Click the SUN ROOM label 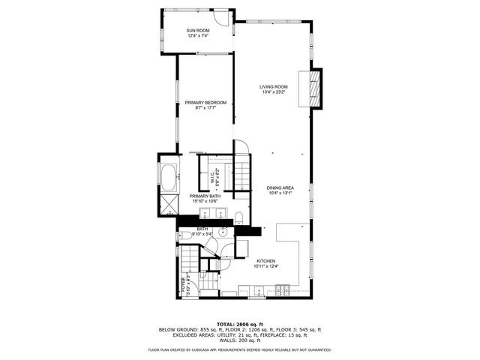coord(197,29)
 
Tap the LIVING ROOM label coord(274,87)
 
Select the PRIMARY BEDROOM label coord(205,103)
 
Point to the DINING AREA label coord(280,187)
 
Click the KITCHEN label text coord(265,261)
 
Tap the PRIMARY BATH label coord(204,196)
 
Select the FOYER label coord(182,284)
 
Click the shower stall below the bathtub coord(167,204)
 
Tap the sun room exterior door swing coord(220,17)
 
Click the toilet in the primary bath coord(238,218)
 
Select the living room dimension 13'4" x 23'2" coord(274,93)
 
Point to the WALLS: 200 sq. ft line coord(239,340)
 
